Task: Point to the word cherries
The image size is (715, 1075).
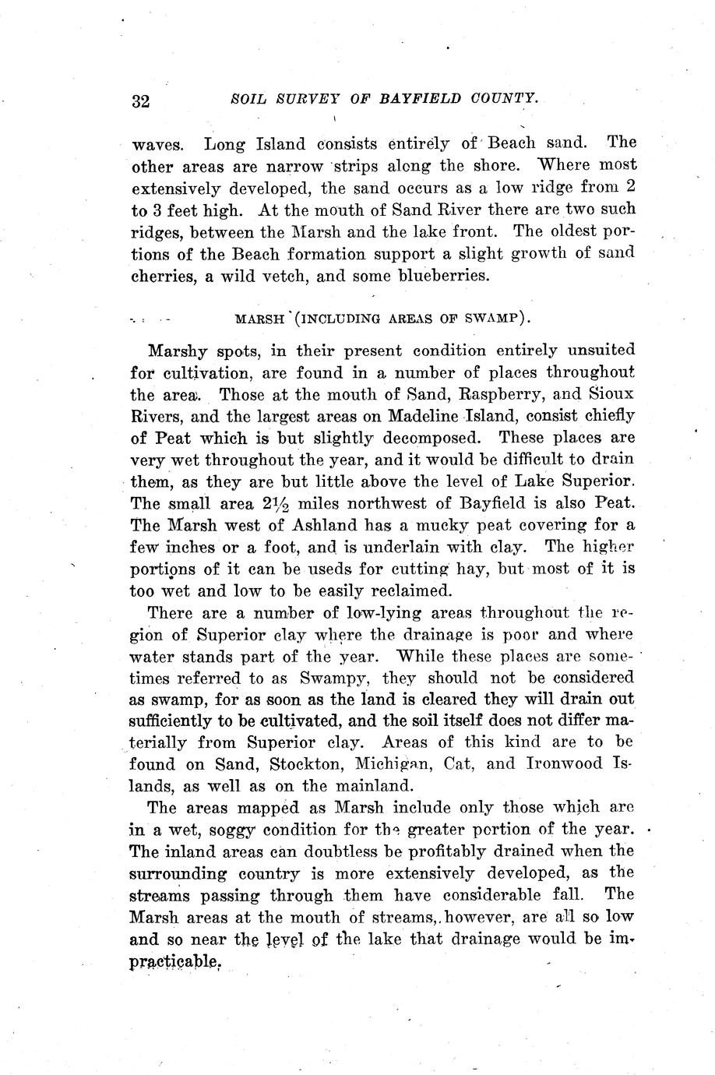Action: pos(161,274)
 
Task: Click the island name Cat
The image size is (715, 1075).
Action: pos(454,764)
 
